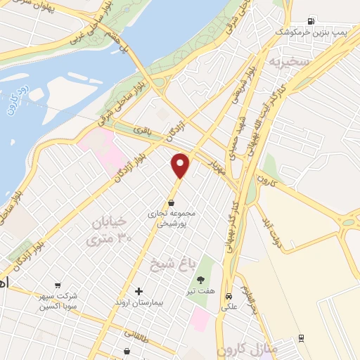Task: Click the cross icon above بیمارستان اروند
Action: [x=139, y=290]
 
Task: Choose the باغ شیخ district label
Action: [x=169, y=264]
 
